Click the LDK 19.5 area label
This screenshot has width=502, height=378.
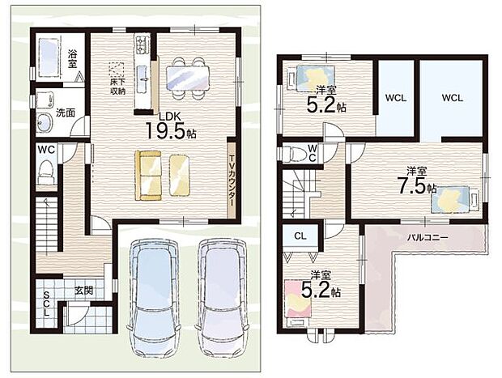(x=171, y=126)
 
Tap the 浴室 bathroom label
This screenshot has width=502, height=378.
(x=72, y=58)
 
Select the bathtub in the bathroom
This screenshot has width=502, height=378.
(x=49, y=57)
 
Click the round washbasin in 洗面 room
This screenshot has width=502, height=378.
(x=44, y=122)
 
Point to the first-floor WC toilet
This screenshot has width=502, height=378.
(x=46, y=172)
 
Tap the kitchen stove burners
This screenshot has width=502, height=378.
(x=143, y=44)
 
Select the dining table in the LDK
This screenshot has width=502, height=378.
(x=188, y=78)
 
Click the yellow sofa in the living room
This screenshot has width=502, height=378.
(x=148, y=176)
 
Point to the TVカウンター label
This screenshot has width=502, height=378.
(x=232, y=181)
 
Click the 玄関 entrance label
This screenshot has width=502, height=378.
(x=84, y=291)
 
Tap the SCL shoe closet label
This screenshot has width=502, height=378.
(x=46, y=304)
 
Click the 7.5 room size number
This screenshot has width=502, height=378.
(x=411, y=187)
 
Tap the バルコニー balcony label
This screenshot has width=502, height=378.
(x=428, y=237)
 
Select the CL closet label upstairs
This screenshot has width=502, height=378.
(x=300, y=236)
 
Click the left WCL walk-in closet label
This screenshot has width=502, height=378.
(x=396, y=98)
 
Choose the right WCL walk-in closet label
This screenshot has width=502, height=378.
(x=452, y=98)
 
